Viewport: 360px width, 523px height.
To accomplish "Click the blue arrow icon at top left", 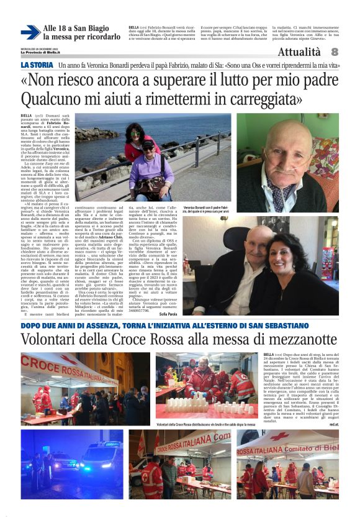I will pyautogui.click(x=30, y=32).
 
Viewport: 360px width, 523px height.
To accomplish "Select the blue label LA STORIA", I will pyautogui.click(x=37, y=65).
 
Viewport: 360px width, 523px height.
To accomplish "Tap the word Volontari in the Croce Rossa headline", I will pyautogui.click(x=50, y=339).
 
